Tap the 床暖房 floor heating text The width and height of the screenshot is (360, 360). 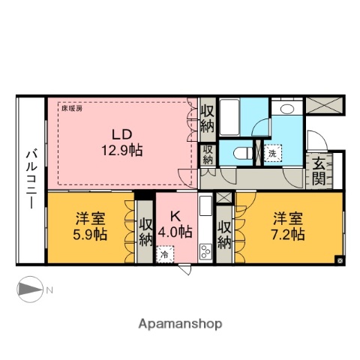pos(73,107)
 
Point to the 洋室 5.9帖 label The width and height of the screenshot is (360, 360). pos(90,226)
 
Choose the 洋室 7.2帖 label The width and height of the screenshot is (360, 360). pos(288,226)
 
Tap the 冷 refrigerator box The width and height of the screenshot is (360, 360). pos(163,255)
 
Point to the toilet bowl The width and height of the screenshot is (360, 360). pos(243,153)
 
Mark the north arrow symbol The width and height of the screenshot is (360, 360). pos(29,289)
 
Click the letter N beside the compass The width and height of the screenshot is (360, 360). pos(49,289)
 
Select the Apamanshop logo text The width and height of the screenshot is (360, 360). pos(180,323)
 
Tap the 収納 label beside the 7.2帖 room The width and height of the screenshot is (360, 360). pos(224,233)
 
